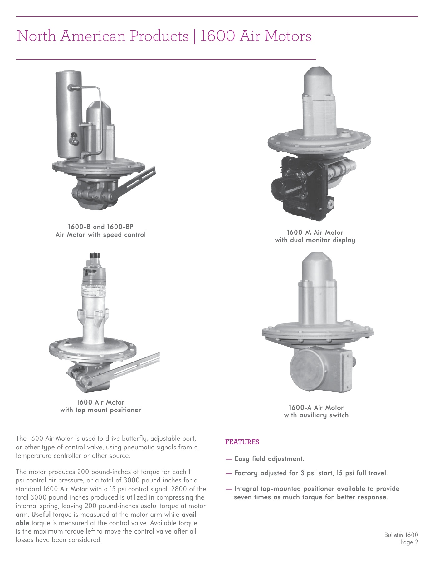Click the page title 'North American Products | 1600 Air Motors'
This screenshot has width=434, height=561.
(164, 36)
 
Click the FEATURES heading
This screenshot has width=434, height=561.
(242, 442)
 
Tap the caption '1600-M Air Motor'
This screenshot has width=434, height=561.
(315, 233)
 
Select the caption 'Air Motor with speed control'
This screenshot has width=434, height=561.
(100, 235)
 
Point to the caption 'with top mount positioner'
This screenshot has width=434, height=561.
(100, 410)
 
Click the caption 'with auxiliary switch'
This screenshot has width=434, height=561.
(316, 415)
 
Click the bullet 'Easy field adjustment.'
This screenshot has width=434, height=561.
(269, 459)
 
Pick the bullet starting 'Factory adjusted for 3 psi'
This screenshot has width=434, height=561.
(311, 473)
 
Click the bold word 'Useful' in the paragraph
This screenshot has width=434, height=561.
(41, 515)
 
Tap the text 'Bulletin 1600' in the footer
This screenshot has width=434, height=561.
(401, 535)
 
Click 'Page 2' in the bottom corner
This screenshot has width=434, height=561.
(409, 542)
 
